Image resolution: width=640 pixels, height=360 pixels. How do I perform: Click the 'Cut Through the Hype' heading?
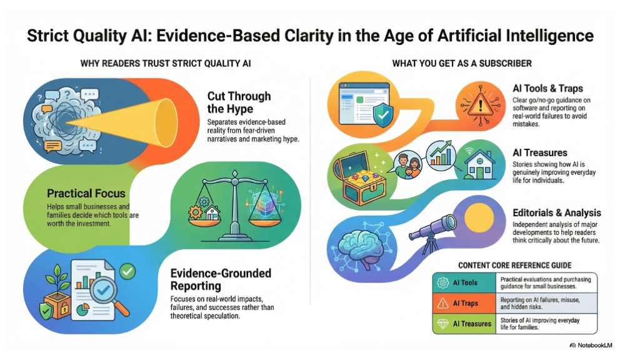point(239,102)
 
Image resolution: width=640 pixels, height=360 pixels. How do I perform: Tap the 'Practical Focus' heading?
point(86,193)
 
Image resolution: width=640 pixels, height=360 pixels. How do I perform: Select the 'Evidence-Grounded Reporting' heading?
point(221,279)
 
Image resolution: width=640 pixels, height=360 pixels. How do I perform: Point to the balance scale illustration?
point(235,206)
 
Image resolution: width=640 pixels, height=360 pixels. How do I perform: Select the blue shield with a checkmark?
point(382,115)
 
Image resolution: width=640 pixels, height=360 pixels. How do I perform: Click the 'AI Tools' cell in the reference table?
point(464,282)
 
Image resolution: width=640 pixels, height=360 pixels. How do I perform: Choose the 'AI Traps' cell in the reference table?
point(464,303)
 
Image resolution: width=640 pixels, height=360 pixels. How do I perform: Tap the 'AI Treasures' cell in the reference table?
point(464,324)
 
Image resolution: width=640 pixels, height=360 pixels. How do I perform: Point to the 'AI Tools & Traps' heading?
point(547,89)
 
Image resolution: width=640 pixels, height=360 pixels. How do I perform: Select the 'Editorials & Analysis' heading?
point(557,212)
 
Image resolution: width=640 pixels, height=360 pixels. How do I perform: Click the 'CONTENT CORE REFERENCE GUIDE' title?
point(515,265)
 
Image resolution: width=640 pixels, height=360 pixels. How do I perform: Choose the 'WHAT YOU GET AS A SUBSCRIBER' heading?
point(462,63)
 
